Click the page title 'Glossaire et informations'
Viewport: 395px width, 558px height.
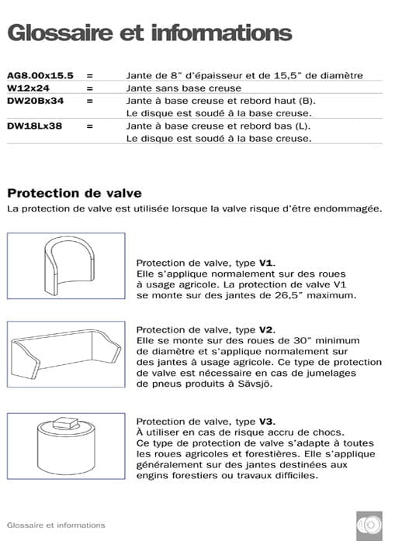coord(149,33)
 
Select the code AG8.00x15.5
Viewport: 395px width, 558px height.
coord(40,75)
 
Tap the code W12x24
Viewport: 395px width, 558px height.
coord(29,88)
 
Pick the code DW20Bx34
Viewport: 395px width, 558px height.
coord(35,100)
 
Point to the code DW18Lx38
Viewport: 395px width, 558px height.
coord(35,126)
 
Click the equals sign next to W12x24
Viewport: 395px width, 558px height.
coord(90,88)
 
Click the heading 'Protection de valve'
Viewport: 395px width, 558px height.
coord(74,193)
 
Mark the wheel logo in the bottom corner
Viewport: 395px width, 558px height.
coord(369,525)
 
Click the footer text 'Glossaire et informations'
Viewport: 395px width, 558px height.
coord(55,525)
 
